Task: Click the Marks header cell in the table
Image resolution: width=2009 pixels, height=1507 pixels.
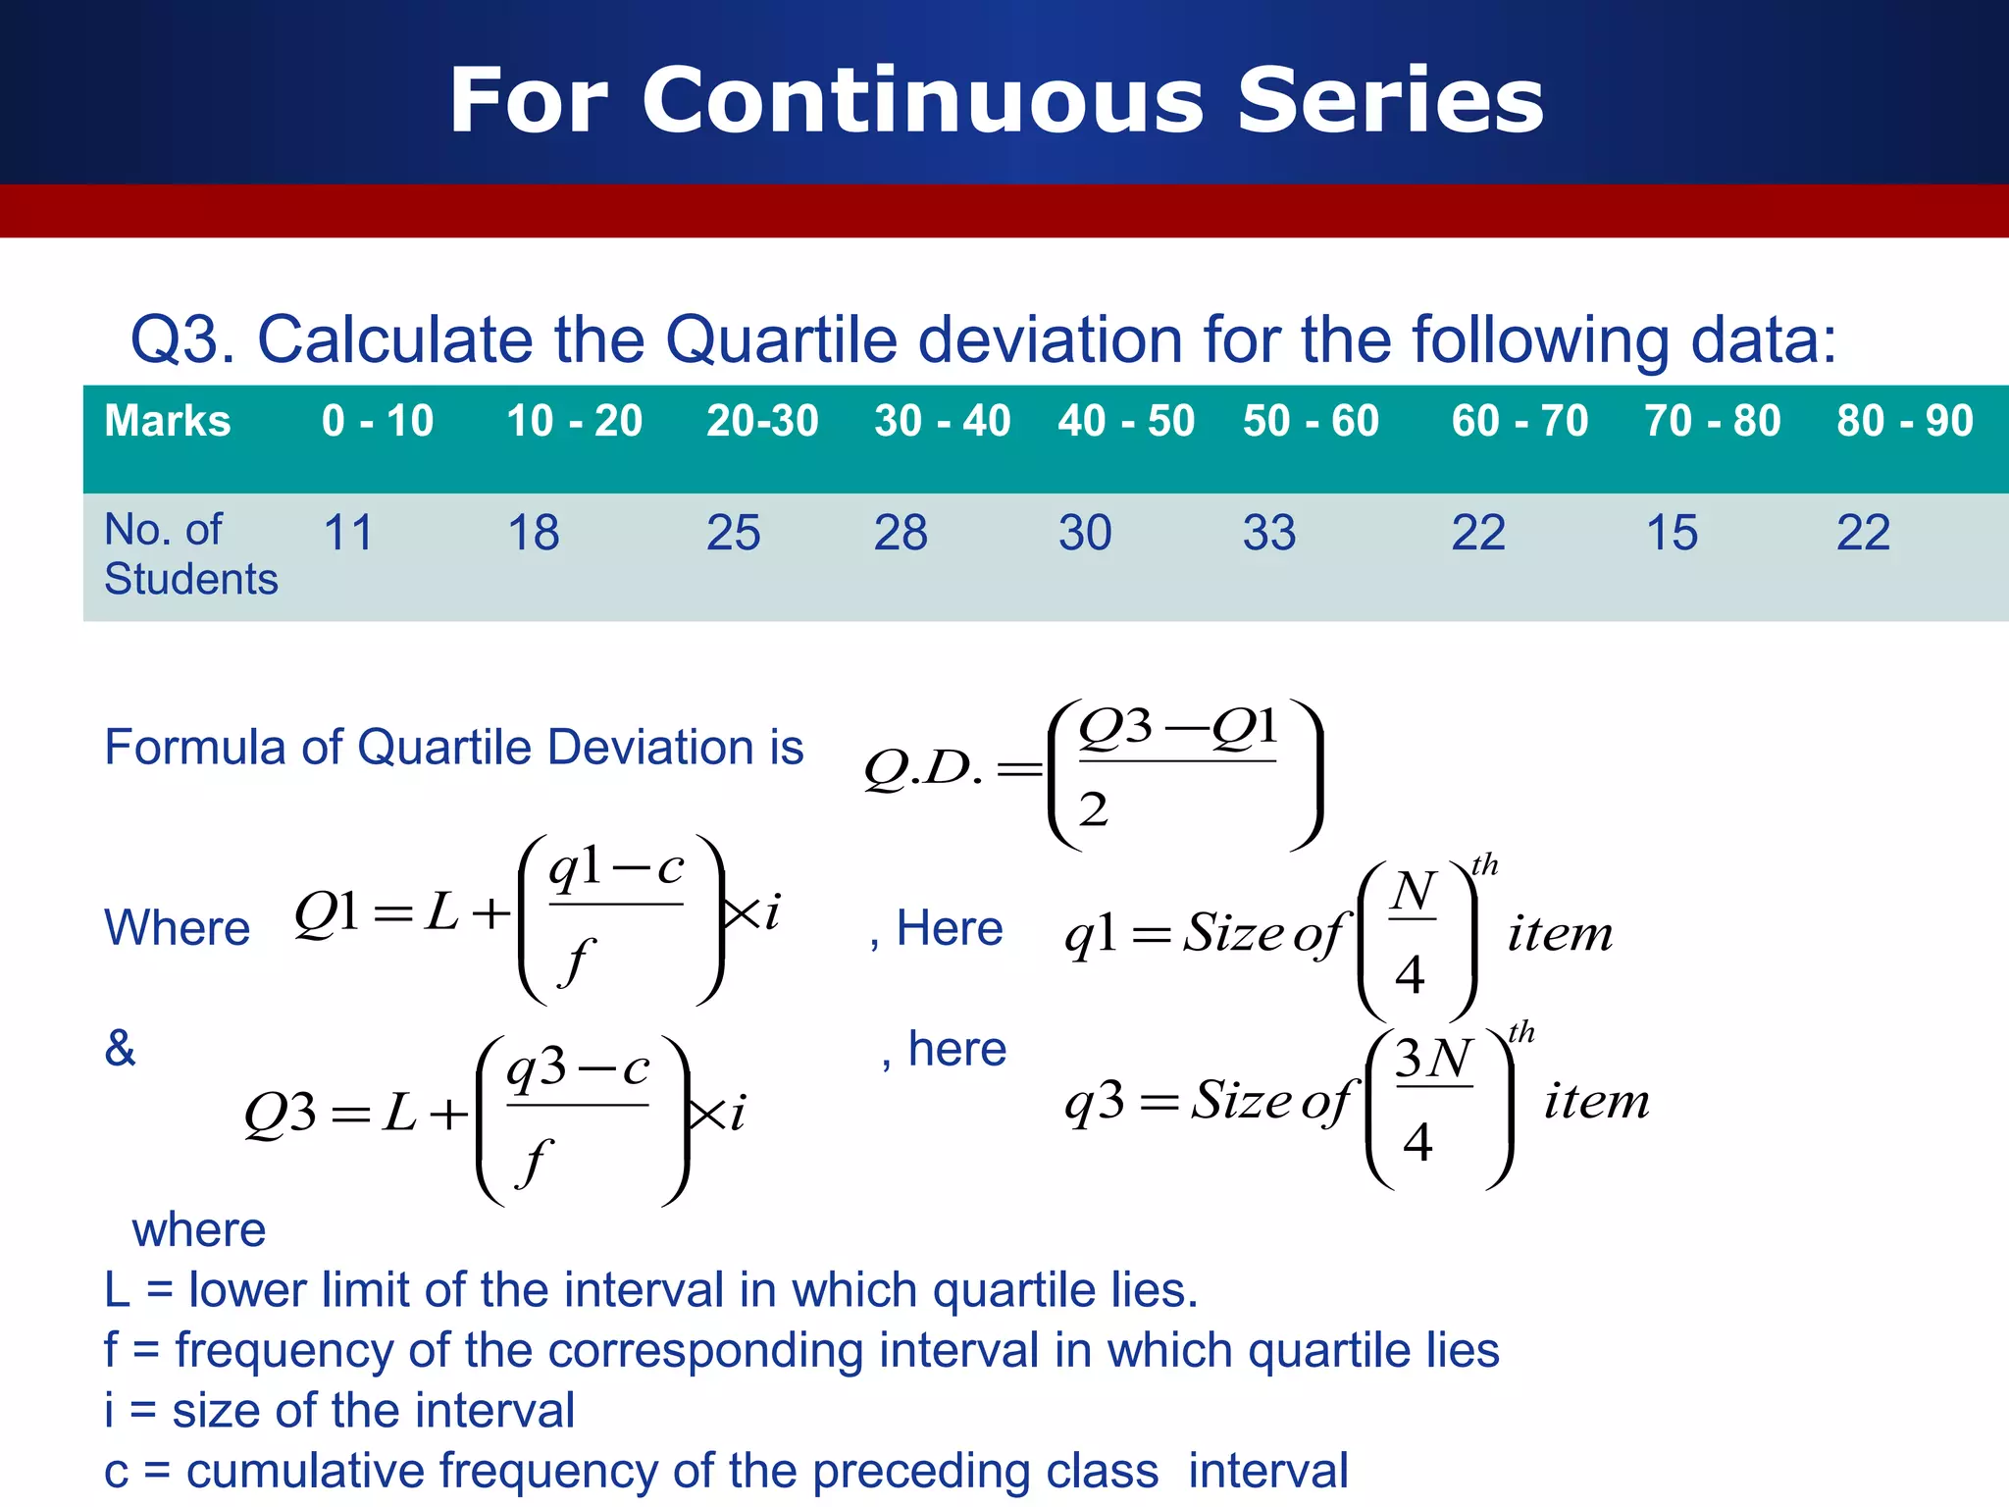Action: click(168, 421)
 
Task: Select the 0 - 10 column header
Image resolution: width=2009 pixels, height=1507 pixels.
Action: click(378, 421)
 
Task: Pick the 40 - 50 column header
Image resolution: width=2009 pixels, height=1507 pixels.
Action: click(1126, 421)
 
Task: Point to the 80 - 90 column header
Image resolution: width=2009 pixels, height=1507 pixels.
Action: click(1904, 421)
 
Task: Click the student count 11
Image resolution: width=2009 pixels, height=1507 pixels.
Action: click(348, 533)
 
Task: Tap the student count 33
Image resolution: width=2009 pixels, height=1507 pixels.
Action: click(1269, 533)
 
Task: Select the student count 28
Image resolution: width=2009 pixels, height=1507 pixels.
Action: click(901, 533)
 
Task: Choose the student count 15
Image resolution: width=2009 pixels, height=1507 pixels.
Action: click(1672, 533)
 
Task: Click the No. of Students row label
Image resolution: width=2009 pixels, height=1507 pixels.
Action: click(190, 554)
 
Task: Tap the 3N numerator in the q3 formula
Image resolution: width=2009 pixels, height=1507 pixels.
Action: click(1432, 1059)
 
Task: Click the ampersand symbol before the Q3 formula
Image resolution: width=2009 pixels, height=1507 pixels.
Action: click(120, 1048)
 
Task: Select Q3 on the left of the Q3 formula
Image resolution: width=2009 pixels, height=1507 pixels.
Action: click(281, 1115)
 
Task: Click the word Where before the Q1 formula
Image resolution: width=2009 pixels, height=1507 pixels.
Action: click(178, 928)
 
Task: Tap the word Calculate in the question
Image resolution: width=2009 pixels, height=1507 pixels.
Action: click(395, 339)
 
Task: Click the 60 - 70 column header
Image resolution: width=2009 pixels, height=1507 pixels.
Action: click(1520, 421)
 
